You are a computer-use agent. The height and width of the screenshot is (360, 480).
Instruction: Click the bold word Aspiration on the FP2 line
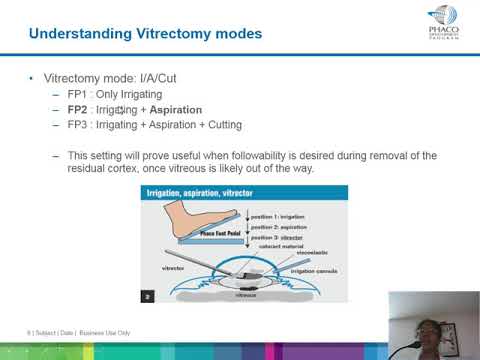tap(170, 109)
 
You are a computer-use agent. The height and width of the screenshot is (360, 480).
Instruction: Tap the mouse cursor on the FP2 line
tap(121, 110)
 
